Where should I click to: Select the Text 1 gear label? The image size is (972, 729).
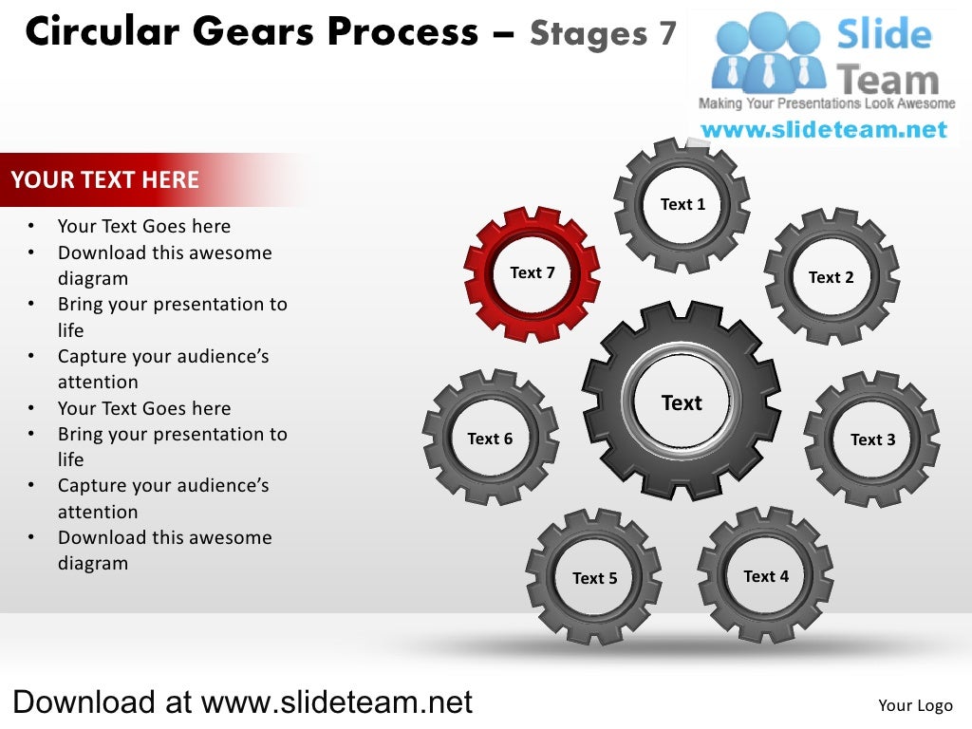[x=682, y=204]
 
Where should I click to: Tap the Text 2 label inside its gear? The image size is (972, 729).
[x=831, y=277]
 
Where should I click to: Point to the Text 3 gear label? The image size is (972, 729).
[x=872, y=439]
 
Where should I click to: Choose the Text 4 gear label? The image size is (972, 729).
[x=765, y=576]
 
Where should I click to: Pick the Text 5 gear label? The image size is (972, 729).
[x=594, y=578]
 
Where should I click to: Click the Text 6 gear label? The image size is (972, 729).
[x=490, y=439]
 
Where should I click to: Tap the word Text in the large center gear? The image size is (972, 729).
[x=682, y=403]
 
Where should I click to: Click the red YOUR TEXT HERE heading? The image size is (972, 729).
[x=105, y=180]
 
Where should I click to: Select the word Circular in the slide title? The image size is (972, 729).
[x=102, y=33]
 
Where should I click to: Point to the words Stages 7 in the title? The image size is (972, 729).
[x=603, y=34]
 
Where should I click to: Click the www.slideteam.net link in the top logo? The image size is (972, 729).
[x=824, y=130]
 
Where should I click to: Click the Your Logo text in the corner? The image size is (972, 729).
[x=915, y=704]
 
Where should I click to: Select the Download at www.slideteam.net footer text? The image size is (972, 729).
[x=242, y=702]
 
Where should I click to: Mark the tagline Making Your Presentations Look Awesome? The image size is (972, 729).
[x=826, y=103]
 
